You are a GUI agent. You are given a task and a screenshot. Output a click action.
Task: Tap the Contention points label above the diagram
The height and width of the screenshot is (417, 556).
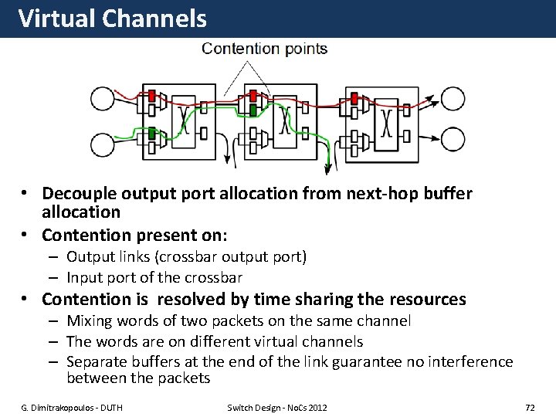pyautogui.click(x=264, y=49)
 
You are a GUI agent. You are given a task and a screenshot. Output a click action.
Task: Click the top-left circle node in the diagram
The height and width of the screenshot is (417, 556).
pyautogui.click(x=102, y=99)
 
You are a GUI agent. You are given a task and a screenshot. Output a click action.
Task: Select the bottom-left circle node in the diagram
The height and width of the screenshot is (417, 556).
pyautogui.click(x=102, y=144)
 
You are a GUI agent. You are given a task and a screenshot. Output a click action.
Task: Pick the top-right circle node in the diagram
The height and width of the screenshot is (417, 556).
pyautogui.click(x=453, y=99)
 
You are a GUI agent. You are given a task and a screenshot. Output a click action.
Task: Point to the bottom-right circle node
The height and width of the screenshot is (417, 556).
pyautogui.click(x=453, y=140)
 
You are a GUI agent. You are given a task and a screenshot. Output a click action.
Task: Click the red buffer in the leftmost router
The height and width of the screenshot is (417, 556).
pyautogui.click(x=152, y=96)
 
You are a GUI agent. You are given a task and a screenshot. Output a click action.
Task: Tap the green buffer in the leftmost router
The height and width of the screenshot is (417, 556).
pyautogui.click(x=152, y=134)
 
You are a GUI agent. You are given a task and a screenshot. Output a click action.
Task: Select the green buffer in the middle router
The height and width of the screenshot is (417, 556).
pyautogui.click(x=253, y=110)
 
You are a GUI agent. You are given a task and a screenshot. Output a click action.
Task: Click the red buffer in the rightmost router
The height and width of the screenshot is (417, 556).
pyautogui.click(x=354, y=98)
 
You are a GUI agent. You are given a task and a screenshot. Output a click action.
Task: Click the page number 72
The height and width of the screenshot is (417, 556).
pyautogui.click(x=530, y=407)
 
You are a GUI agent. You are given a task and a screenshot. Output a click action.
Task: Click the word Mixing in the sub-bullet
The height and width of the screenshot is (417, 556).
pyautogui.click(x=89, y=320)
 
